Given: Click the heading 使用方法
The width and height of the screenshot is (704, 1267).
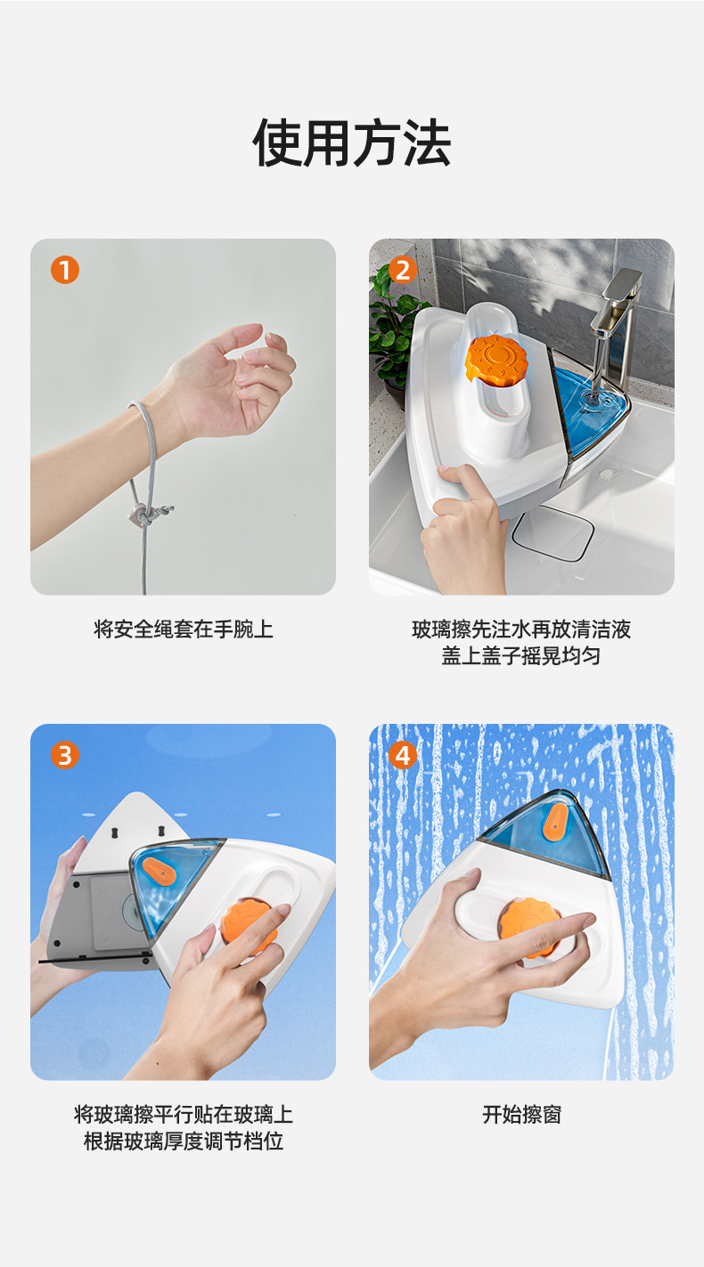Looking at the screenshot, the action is (351, 143).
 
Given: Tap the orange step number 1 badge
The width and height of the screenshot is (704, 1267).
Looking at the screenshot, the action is (65, 270).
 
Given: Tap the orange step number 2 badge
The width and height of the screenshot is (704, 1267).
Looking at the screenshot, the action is (403, 270).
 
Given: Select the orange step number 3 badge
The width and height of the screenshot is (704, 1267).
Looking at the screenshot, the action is (65, 755).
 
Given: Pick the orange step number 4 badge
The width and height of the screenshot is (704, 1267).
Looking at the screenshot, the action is (403, 755).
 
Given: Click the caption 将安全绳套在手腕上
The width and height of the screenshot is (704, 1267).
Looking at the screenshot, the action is (184, 629).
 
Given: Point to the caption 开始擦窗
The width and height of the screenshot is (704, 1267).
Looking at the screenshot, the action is (522, 1114).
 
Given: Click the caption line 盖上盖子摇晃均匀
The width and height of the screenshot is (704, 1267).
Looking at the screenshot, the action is (521, 655).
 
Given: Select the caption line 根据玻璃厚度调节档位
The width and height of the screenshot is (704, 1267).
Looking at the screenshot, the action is (184, 1141).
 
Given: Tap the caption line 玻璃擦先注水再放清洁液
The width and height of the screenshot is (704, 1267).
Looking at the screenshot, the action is (521, 629).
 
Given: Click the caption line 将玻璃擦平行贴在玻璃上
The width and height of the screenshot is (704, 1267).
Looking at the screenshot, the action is (184, 1114).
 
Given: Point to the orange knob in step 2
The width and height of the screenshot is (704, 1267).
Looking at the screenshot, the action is (495, 359).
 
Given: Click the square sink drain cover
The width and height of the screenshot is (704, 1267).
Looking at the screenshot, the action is (553, 532).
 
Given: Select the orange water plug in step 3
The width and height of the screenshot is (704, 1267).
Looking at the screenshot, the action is (159, 872).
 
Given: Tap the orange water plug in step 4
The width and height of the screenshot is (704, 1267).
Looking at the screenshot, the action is (555, 821).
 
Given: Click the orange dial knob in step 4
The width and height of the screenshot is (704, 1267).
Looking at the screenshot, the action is (528, 928).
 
